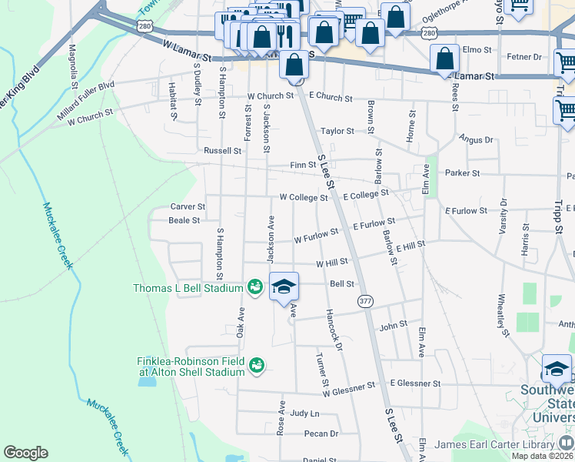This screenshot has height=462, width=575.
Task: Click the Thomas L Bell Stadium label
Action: [189, 288]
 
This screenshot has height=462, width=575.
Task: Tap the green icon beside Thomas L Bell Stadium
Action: [256, 287]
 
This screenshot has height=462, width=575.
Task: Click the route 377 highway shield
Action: [364, 300]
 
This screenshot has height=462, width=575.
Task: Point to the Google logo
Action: [25, 453]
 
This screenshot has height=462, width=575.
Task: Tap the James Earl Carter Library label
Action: [493, 444]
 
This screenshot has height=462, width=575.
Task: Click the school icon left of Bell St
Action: [284, 286]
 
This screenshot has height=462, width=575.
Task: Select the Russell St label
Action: [222, 151]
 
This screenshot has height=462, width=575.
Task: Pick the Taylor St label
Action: [337, 132]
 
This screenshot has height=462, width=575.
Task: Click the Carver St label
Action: [188, 207]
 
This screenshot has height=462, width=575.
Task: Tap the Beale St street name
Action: [184, 220]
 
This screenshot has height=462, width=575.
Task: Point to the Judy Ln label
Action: [304, 413]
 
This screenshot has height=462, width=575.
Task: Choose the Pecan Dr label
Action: [321, 434]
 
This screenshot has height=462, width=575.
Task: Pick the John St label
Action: [393, 326]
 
